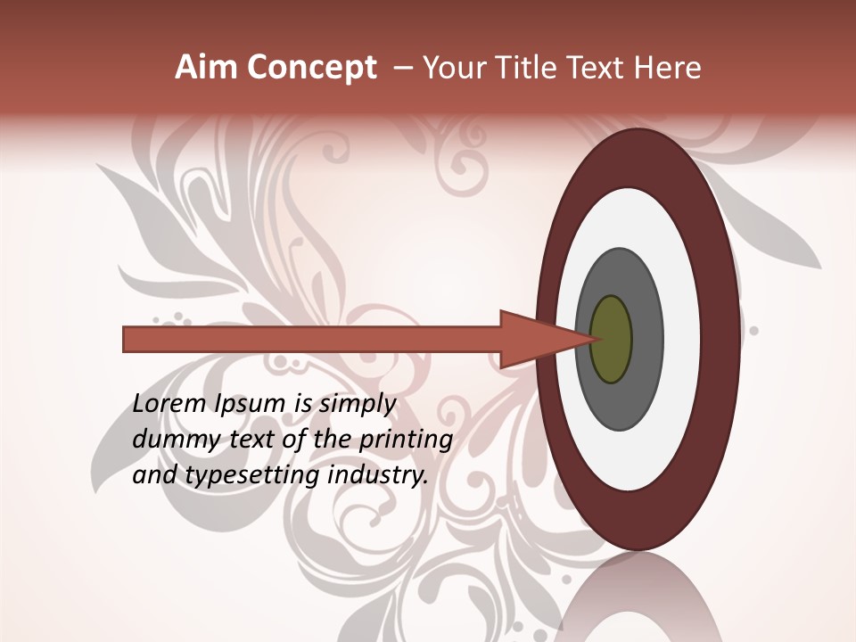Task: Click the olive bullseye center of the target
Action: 612,340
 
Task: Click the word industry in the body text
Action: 379,475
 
